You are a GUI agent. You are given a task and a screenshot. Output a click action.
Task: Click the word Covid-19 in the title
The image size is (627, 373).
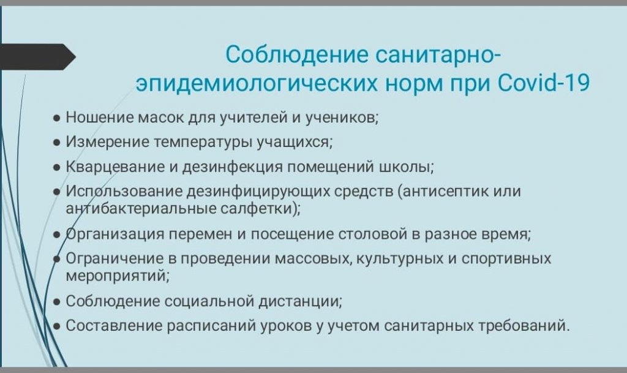click(x=544, y=83)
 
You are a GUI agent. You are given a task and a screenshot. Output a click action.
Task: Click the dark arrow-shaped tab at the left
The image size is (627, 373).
click(x=37, y=57)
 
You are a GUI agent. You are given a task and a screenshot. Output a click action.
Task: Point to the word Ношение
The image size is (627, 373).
click(x=100, y=118)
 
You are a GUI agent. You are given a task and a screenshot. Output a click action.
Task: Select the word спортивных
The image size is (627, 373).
click(x=506, y=259)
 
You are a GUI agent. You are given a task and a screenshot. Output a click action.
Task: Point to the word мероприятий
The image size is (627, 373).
click(x=118, y=276)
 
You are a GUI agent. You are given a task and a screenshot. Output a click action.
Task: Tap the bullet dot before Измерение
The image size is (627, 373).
click(x=57, y=143)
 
